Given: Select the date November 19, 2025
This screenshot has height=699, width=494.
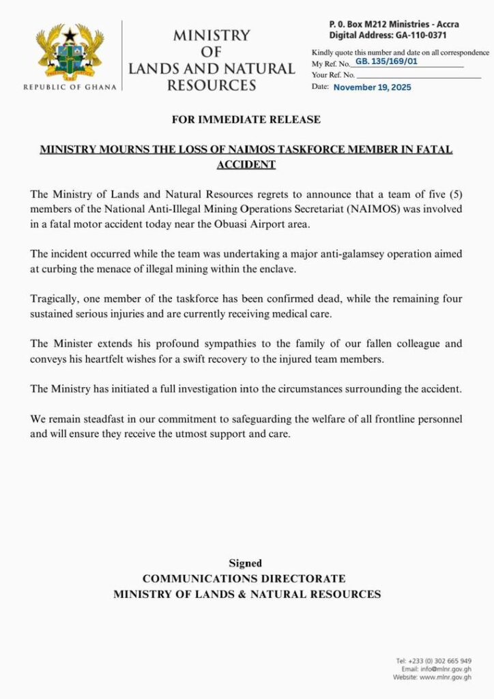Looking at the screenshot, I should pyautogui.click(x=372, y=87).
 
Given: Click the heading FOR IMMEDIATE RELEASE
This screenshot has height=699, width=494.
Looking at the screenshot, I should pyautogui.click(x=246, y=119).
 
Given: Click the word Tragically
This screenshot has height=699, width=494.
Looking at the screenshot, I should pyautogui.click(x=56, y=299).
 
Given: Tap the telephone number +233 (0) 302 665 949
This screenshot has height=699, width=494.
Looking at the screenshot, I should pyautogui.click(x=439, y=661).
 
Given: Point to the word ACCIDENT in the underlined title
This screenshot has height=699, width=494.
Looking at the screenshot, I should pyautogui.click(x=246, y=165).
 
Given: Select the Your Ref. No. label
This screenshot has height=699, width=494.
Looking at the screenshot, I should pyautogui.click(x=333, y=74).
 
